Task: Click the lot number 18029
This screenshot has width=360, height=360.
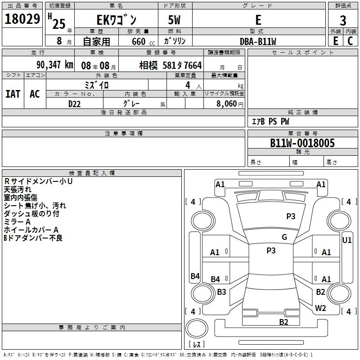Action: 22,19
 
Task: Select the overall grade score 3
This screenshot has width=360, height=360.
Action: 343,21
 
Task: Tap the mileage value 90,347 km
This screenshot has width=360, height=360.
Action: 54,65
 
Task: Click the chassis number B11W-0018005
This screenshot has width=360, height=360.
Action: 302,143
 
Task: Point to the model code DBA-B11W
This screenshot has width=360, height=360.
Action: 258,41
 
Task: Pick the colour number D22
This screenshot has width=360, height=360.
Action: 74,104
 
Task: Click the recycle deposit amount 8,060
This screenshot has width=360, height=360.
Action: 226,103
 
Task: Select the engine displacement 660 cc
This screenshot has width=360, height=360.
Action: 143,42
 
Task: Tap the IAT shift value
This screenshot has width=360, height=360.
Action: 13,94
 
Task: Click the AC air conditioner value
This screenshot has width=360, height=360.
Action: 35,94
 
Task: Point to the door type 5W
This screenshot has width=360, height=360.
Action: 174,20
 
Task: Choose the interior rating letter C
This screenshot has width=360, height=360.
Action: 350,41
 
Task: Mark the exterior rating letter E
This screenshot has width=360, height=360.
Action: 336,41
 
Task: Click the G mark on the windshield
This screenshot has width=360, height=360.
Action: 284,237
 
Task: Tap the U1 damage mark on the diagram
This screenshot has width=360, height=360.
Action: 346,240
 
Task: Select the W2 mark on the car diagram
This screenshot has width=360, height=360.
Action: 320,308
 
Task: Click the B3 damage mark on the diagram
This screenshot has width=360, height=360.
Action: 221,292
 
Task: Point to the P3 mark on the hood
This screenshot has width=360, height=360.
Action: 291,216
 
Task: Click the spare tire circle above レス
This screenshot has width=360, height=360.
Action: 197,328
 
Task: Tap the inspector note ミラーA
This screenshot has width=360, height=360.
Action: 17,222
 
